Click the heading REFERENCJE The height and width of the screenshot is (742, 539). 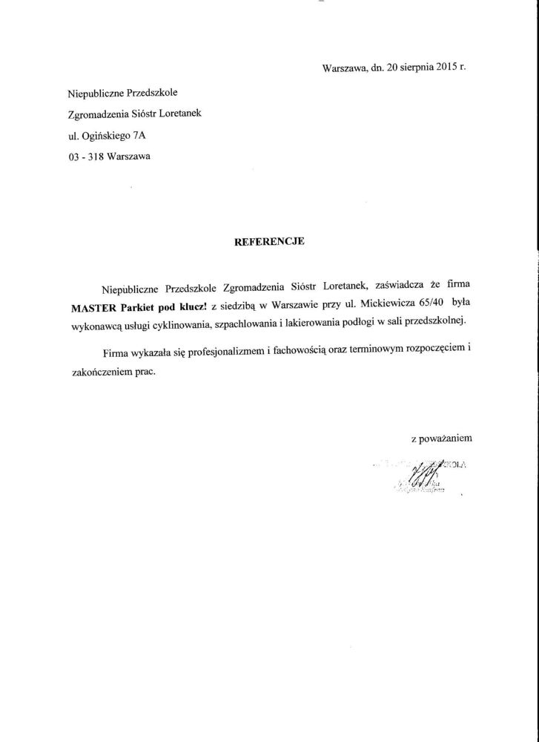click(x=270, y=241)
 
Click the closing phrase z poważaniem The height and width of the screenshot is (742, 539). click(x=441, y=439)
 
